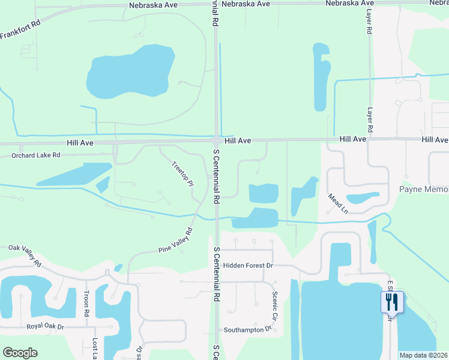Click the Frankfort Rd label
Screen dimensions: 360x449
point(20,29)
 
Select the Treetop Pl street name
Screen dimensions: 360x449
point(182,173)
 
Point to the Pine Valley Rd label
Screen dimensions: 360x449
point(175,241)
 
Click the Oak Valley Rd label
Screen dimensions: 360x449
point(25,256)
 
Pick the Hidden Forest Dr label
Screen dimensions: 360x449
point(248,265)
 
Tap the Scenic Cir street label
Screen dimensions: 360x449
point(276,305)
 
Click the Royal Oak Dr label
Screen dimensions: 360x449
point(45,327)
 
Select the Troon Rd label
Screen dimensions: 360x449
point(86,304)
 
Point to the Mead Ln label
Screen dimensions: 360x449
point(338,203)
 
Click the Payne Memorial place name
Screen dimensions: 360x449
point(424,190)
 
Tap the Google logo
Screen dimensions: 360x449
point(20,353)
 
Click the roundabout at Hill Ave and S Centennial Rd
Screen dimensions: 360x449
point(216,141)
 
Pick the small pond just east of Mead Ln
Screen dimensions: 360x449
point(363,198)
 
